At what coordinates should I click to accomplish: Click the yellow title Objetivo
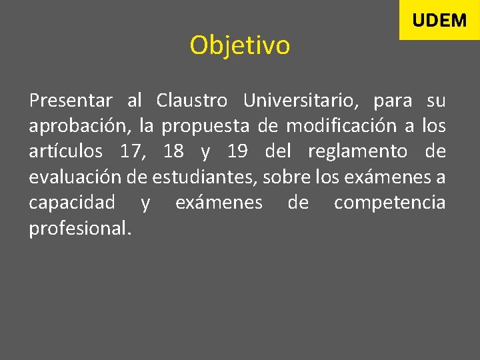click(239, 46)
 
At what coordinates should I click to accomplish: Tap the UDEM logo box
click(439, 20)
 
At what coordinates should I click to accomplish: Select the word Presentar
click(71, 101)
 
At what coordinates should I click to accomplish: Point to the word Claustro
click(192, 101)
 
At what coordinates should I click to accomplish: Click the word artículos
click(65, 152)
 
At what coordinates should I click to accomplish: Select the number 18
click(173, 152)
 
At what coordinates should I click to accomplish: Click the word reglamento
click(357, 152)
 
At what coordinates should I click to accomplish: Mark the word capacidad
click(71, 203)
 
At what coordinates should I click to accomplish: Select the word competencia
click(389, 203)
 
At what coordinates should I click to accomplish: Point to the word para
click(393, 101)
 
